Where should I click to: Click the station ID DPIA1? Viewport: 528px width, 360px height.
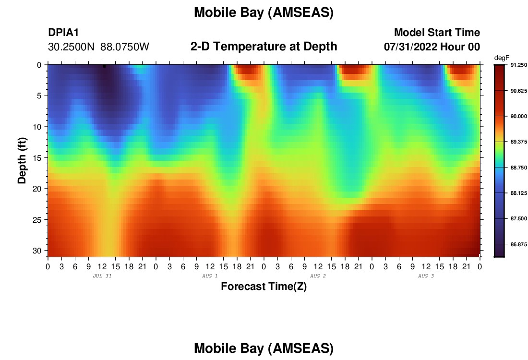pos(63,32)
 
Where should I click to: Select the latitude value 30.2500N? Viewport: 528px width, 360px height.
pos(71,47)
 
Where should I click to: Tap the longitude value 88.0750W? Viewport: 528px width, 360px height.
pos(125,47)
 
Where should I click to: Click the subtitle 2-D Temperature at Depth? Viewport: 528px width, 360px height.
pos(264,47)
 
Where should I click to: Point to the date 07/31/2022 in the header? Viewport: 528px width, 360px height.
pos(410,47)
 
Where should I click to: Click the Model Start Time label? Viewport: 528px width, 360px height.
pos(437,32)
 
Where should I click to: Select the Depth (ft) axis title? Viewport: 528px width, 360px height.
pos(22,160)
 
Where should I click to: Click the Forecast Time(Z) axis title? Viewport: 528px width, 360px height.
pos(264,286)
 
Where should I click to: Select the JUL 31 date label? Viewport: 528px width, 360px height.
pos(102,276)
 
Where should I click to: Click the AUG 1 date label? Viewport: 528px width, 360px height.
pos(210,276)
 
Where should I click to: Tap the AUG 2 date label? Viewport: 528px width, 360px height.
pos(318,276)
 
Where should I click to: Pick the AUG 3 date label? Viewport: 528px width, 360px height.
pos(426,276)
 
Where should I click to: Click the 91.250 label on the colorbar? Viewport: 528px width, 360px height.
pos(518,65)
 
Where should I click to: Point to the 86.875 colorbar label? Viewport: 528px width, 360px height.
pos(518,244)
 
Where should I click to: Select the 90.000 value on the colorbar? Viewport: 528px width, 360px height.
pos(518,116)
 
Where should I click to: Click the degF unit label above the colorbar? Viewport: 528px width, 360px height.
pos(502,58)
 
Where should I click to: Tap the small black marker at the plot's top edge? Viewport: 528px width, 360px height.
pos(104,66)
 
